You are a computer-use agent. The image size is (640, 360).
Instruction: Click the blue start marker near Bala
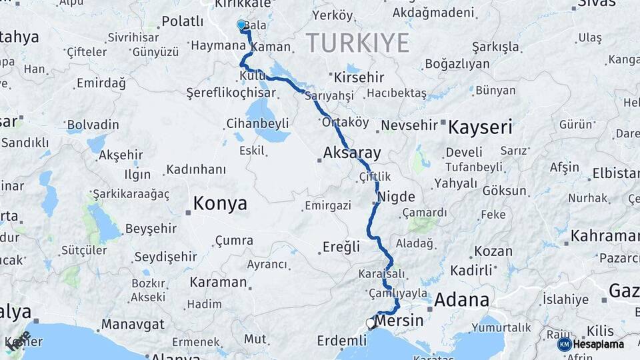point(241,25)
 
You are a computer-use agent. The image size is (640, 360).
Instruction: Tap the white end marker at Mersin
point(371,323)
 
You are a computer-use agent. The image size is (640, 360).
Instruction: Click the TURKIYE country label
point(357,43)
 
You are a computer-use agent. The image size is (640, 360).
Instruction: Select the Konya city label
point(219,203)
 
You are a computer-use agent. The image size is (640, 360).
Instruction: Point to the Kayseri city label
point(480,127)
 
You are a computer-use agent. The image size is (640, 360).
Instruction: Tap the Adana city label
point(461,300)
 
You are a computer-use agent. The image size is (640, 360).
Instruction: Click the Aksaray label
point(351,153)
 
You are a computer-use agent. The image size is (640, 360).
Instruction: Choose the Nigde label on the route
point(397,197)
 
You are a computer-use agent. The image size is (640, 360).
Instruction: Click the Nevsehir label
point(409,125)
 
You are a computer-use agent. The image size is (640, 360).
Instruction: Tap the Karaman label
point(218,282)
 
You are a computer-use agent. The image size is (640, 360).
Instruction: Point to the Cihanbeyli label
point(257,123)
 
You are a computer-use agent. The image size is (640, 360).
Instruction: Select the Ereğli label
point(341,247)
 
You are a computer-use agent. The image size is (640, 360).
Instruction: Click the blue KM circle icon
point(564,345)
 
